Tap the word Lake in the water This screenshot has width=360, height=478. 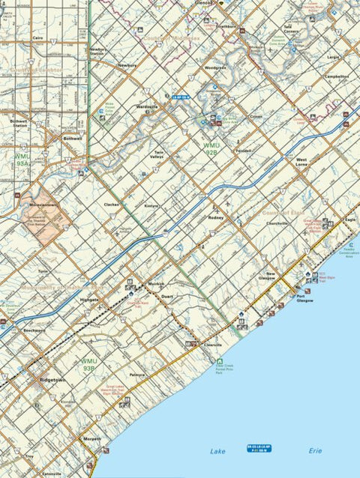pos(217,453)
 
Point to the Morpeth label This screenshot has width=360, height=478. pos(91,439)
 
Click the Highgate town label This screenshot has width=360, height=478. pos(88,300)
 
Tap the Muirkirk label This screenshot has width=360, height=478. pos(156,285)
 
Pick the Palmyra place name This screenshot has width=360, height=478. pos(136,374)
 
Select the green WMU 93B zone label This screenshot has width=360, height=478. pos(88,366)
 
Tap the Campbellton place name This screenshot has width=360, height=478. pos(335,76)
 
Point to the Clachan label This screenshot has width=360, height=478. pos(112,204)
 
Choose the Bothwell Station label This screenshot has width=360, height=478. pos(19,123)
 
